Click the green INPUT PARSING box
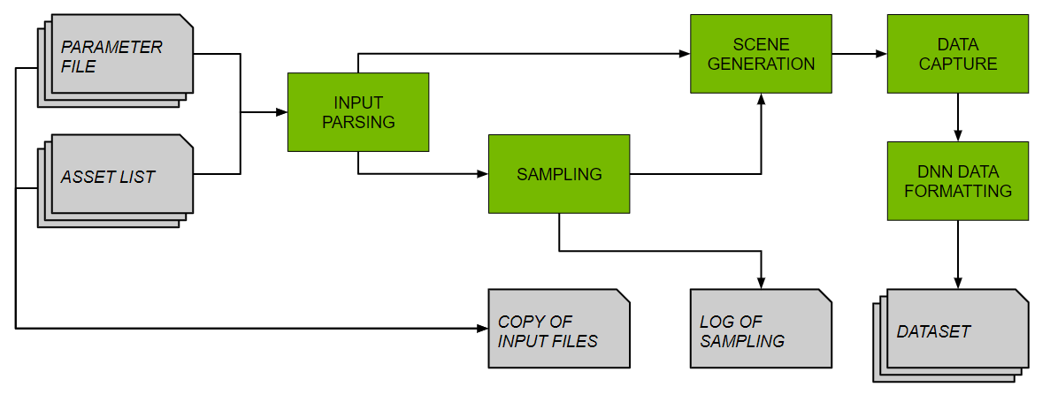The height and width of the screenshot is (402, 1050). point(357,111)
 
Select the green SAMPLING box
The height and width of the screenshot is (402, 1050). point(559,173)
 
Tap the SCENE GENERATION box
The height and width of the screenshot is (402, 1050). point(761,54)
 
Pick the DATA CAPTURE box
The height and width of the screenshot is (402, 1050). point(958,54)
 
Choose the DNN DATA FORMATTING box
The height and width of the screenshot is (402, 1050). point(958,180)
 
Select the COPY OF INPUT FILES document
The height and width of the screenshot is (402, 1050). point(558,329)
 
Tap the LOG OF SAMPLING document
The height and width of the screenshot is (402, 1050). point(761,329)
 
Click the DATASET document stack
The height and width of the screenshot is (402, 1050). point(952,332)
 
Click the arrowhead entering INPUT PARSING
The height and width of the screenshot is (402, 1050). point(282,112)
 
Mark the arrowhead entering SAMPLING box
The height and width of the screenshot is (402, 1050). point(483,174)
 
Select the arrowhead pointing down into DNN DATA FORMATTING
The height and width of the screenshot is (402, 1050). point(958,136)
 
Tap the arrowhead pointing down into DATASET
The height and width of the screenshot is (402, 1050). point(958,283)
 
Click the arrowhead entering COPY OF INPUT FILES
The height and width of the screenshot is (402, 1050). point(483,329)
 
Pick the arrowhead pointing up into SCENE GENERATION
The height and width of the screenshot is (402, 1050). point(761,99)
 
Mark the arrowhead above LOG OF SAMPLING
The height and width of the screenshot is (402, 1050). point(761,283)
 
